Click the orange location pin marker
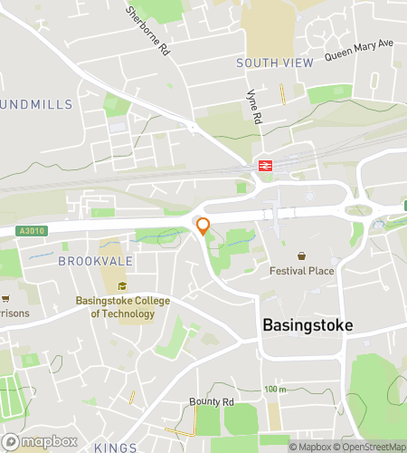203,226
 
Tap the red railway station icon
266,165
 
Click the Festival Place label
301,271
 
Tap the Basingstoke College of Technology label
122,307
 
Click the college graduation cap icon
122,286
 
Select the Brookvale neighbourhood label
95,260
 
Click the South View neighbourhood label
274,63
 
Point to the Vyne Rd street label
254,106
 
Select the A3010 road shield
30,232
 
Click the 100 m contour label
276,390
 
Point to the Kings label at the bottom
115,448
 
